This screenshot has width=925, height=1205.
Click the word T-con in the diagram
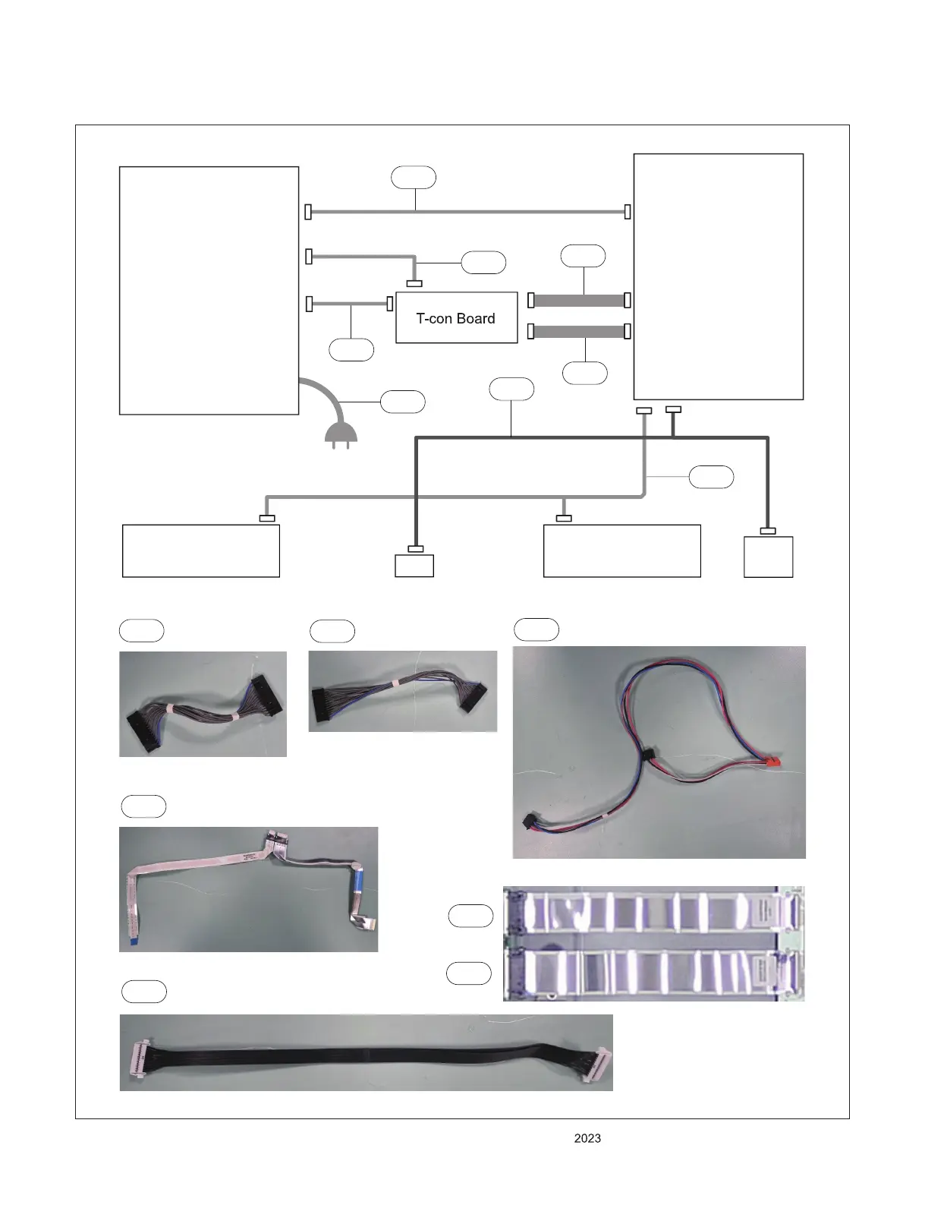click(434, 319)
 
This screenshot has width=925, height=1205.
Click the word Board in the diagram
click(476, 319)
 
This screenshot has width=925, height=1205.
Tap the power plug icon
click(336, 435)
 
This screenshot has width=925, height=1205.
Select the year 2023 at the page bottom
click(587, 1138)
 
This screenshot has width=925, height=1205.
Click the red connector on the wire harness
click(772, 761)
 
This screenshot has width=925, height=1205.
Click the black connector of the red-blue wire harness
click(530, 822)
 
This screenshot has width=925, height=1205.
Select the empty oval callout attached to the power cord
click(402, 402)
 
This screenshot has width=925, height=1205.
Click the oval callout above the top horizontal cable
click(414, 178)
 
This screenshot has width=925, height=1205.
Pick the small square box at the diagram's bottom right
click(768, 557)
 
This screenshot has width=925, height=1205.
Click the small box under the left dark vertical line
click(414, 566)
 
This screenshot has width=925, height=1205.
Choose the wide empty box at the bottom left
click(201, 551)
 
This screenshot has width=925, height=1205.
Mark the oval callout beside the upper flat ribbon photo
click(470, 916)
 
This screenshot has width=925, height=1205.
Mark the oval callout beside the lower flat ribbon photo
click(469, 973)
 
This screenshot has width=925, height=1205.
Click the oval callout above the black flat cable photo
click(144, 992)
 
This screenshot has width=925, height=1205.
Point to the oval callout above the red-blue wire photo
click(536, 630)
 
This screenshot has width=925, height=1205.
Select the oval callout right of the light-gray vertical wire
click(711, 477)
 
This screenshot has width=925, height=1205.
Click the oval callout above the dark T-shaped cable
click(511, 389)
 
